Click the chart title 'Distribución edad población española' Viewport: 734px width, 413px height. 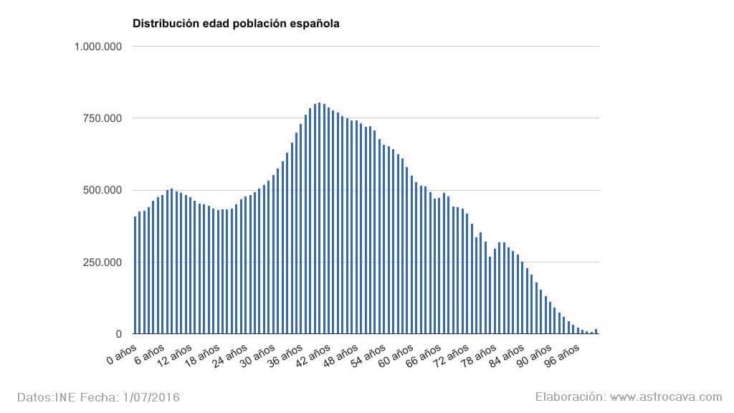[x=236, y=23]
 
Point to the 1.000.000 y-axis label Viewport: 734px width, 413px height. [x=98, y=47]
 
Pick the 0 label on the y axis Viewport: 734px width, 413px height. [x=118, y=334]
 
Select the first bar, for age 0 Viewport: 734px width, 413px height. [x=135, y=275]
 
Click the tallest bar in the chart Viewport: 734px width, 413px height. [x=319, y=219]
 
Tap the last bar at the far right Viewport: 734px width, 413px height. [x=596, y=331]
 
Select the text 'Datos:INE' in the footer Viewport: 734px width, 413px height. [x=42, y=397]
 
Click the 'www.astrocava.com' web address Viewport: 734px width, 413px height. [x=667, y=397]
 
